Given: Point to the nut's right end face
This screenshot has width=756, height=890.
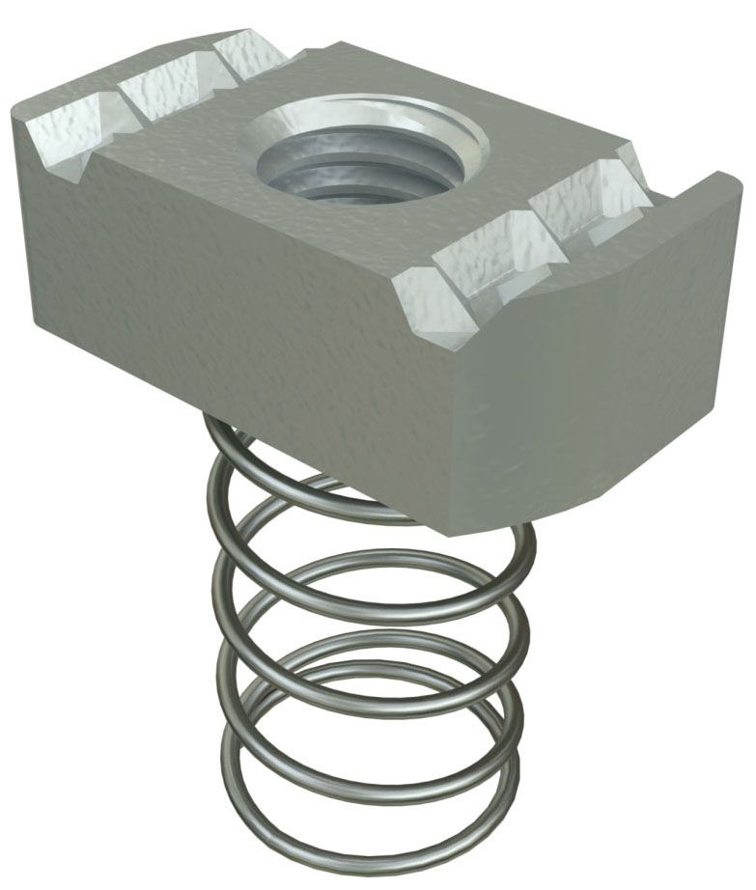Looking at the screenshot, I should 599,386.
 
